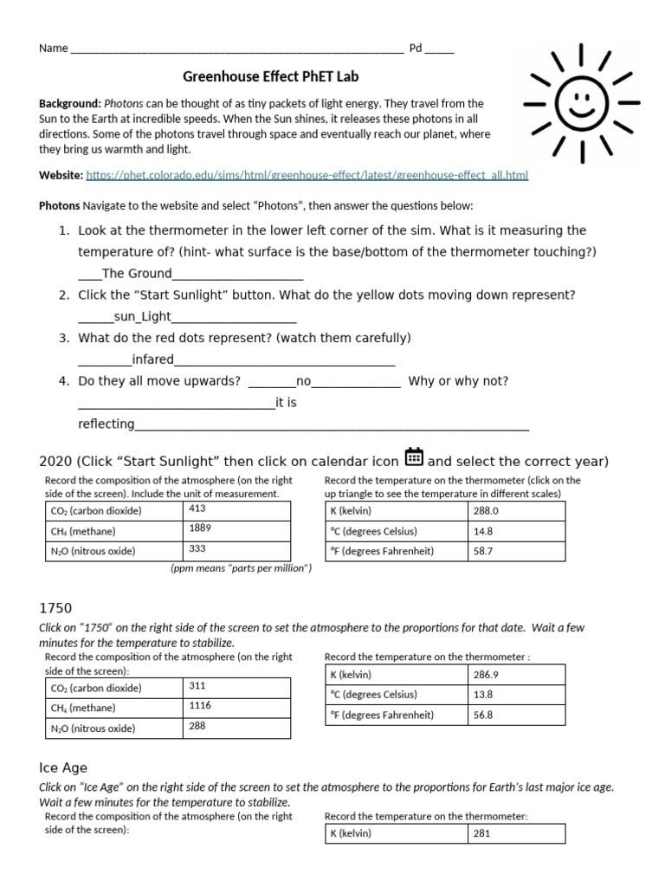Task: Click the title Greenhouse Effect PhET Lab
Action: coord(271,76)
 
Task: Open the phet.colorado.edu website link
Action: coord(307,175)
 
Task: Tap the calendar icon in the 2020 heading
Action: coord(414,457)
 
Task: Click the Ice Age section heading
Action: coord(63,767)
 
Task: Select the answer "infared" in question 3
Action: coord(152,359)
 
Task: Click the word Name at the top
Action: coord(53,49)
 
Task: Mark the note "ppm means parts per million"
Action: coord(241,568)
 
